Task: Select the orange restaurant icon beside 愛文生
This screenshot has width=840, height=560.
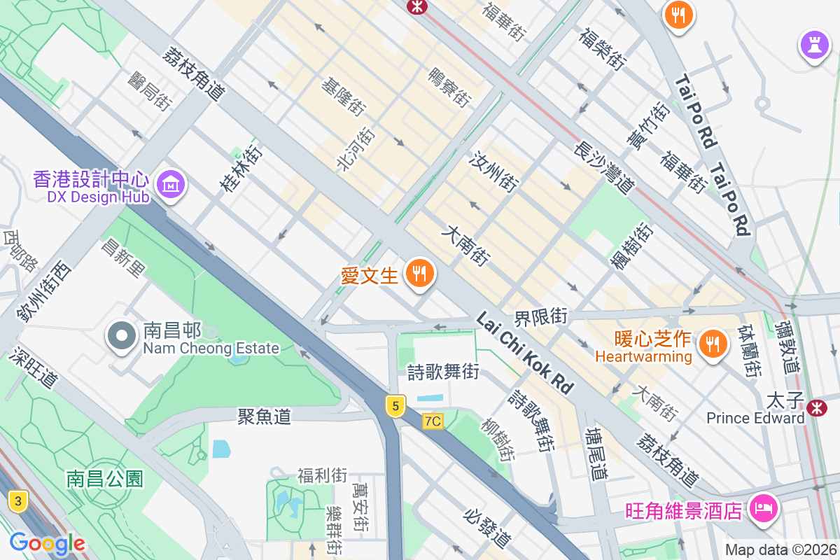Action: (x=419, y=272)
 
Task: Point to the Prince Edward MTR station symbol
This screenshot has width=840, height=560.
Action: (x=816, y=408)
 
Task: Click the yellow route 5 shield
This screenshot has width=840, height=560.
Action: (x=395, y=405)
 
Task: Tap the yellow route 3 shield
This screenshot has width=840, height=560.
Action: (x=18, y=500)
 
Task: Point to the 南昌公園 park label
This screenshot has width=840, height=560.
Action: (x=105, y=479)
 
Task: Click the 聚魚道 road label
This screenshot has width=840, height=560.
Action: (x=264, y=416)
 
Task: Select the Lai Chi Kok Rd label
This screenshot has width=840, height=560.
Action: (x=524, y=352)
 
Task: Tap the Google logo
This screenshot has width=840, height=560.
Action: (x=46, y=543)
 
